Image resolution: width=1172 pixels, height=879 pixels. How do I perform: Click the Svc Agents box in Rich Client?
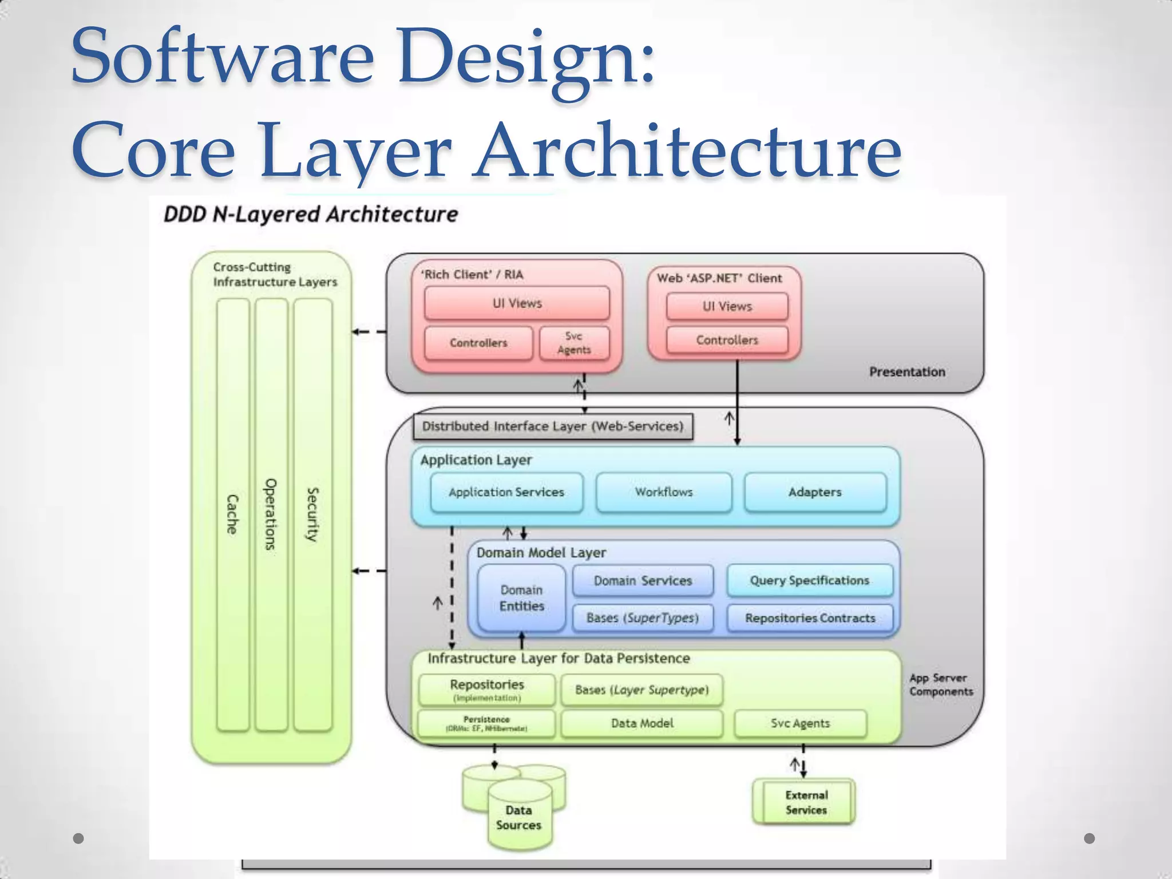click(574, 343)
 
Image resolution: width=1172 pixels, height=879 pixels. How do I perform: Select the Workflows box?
click(663, 492)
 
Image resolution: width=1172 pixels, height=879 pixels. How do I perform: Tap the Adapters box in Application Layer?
click(815, 492)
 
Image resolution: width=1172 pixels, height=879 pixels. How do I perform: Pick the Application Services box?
click(506, 492)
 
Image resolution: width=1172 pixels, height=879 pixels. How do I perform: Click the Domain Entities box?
click(521, 598)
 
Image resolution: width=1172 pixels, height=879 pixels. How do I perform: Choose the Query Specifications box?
click(809, 580)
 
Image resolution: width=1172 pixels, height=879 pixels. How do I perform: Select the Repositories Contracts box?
click(810, 618)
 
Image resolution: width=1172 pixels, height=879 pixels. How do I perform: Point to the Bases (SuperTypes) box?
click(643, 618)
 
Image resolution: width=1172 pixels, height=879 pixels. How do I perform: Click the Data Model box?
click(642, 723)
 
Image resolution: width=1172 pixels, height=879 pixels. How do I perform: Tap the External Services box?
click(806, 802)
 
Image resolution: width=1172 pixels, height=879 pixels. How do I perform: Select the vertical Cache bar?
click(233, 514)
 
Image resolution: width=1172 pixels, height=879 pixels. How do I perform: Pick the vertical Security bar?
click(312, 514)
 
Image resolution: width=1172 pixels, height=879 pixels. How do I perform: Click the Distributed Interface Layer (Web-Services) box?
click(553, 426)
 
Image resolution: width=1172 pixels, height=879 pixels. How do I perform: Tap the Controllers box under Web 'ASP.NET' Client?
click(727, 340)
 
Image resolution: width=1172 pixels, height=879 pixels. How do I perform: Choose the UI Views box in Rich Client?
click(517, 303)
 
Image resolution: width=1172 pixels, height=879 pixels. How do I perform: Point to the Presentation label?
click(907, 372)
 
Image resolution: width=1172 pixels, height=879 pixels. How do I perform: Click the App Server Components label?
click(941, 684)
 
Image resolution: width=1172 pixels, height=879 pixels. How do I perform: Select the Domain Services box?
click(643, 581)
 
